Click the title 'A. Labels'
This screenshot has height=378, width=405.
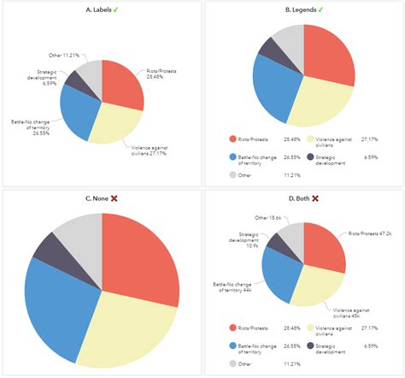tap(97, 9)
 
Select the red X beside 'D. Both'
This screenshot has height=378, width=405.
tap(315, 198)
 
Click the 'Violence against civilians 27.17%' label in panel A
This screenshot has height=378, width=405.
tap(154, 151)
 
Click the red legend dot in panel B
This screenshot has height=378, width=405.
tap(232, 138)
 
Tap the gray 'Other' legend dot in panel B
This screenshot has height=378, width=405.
tap(232, 175)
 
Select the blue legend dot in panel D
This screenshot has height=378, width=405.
tap(232, 346)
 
